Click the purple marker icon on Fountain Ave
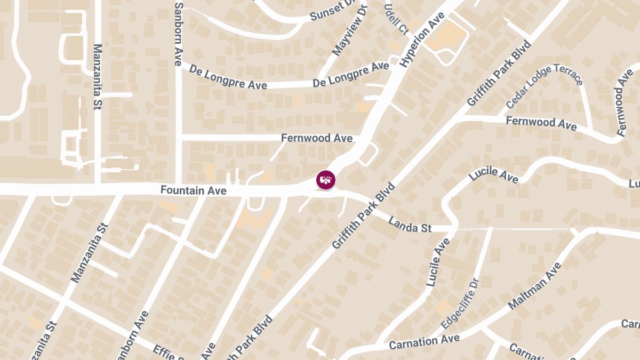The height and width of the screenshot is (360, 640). pyautogui.click(x=326, y=180)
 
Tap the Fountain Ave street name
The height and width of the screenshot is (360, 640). pyautogui.click(x=193, y=190)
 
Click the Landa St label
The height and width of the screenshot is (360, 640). pyautogui.click(x=410, y=225)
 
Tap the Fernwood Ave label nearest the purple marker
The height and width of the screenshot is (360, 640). pyautogui.click(x=317, y=138)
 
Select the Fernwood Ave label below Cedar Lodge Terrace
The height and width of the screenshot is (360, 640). pyautogui.click(x=541, y=123)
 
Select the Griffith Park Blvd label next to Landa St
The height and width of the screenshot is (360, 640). pyautogui.click(x=363, y=215)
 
